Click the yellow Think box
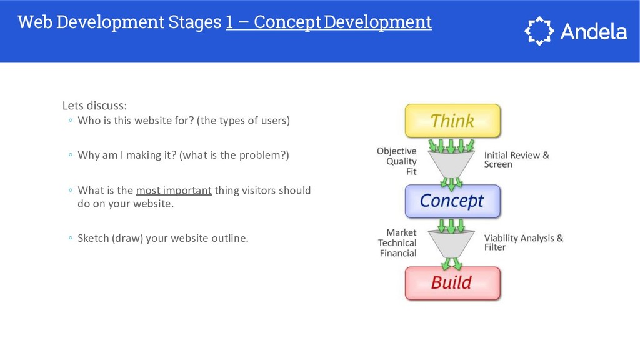coord(452,120)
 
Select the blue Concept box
coord(452,201)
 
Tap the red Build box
coord(452,282)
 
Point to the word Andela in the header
coord(593,31)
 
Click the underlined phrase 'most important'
coord(174,190)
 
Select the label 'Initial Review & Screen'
coord(516,159)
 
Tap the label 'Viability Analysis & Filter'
coord(523,242)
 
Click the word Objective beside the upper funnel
coord(396,151)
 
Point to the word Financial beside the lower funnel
coord(397,253)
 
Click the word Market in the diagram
coord(401,232)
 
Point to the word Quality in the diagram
coord(401,161)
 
